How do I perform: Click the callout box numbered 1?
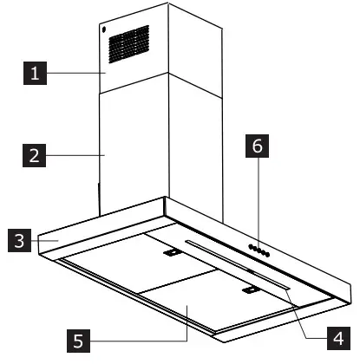click(36, 75)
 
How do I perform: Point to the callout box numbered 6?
click(257, 148)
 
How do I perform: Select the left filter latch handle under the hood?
click(171, 253)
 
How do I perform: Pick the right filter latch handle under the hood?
click(252, 292)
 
